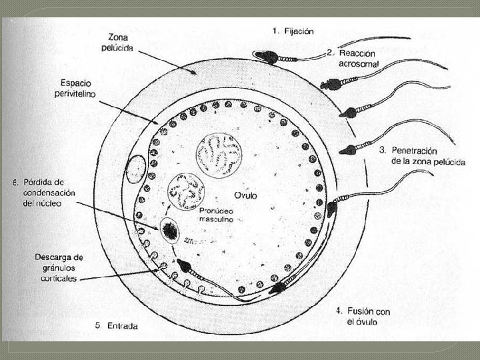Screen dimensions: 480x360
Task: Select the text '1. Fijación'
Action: point(293,31)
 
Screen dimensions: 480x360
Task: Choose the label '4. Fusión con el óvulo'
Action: point(363,316)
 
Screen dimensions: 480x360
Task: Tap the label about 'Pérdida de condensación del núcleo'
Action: point(45,192)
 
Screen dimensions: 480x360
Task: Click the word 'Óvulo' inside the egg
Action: point(245,195)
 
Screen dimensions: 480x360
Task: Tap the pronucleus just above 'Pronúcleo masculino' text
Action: point(186,191)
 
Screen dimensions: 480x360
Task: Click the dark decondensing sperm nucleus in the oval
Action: point(169,231)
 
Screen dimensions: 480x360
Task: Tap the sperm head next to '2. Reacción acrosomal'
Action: point(328,85)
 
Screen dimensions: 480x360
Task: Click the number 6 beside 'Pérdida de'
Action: point(15,181)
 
